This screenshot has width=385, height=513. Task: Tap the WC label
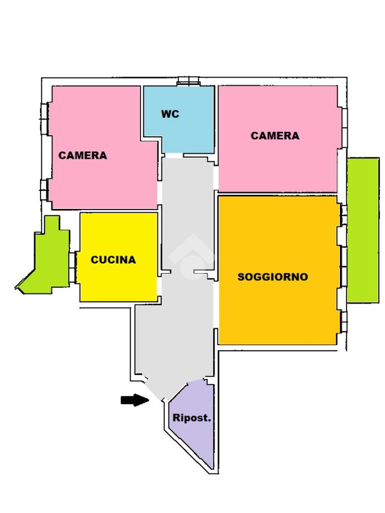click(170, 114)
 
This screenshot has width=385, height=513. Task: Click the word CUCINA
click(113, 260)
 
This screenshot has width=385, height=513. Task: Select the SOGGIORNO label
click(273, 277)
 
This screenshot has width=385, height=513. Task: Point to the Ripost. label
click(191, 418)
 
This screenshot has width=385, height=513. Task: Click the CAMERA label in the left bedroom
click(83, 155)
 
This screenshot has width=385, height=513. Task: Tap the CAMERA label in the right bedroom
click(275, 136)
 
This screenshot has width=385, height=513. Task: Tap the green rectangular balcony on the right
click(363, 230)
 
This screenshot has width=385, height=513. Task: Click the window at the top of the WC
click(189, 81)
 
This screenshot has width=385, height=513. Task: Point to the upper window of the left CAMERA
click(45, 119)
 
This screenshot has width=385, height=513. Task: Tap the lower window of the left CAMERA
click(45, 190)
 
